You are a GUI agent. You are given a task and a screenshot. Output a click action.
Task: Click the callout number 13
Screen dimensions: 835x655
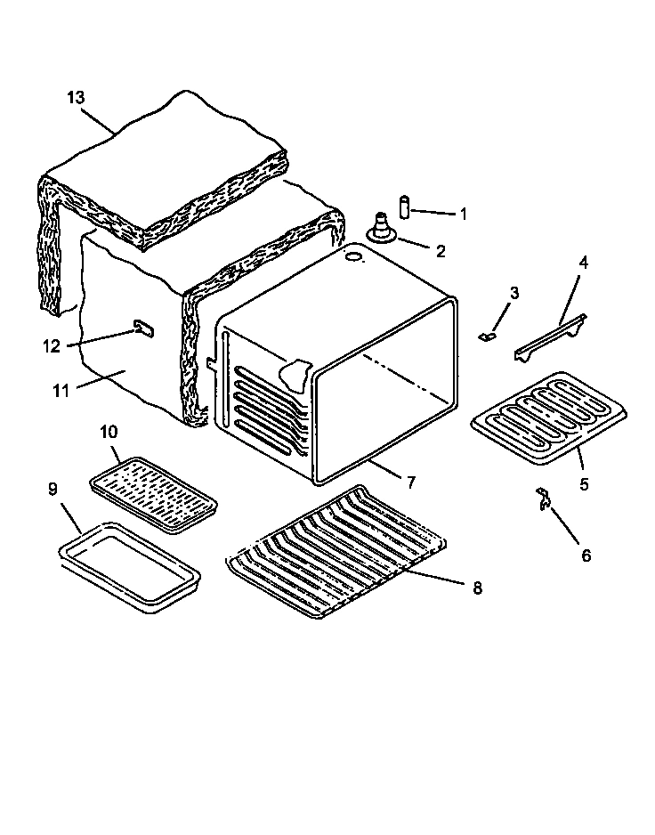pos(77,97)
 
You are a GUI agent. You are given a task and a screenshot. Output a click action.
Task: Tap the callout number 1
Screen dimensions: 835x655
pos(463,214)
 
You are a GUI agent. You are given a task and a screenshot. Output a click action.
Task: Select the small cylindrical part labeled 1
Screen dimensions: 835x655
pos(405,207)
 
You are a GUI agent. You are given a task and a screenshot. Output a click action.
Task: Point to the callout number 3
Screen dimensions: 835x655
pos(514,293)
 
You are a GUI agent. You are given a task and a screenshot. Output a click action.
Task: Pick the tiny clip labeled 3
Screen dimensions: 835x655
pos(485,337)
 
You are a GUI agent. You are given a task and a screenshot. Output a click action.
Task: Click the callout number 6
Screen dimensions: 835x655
pos(586,555)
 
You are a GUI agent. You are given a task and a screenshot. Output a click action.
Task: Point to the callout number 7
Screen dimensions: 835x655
pos(411,482)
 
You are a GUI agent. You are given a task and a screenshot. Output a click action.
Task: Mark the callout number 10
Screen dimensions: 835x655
pos(108,433)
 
